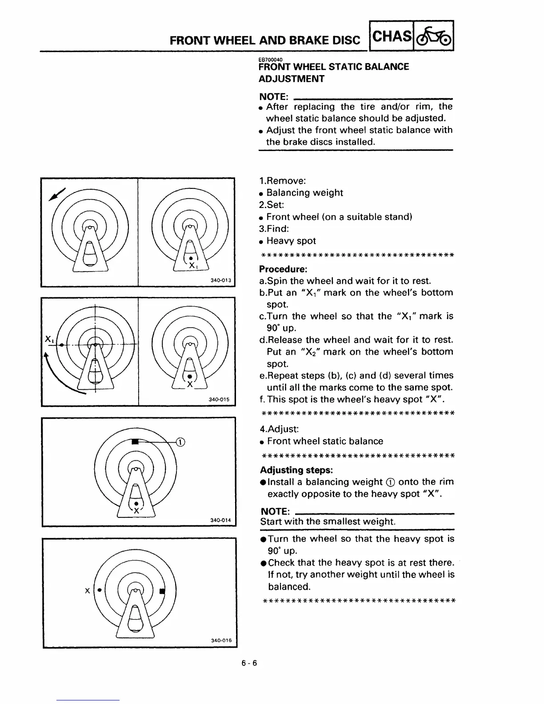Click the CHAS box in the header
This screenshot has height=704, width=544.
pos(391,36)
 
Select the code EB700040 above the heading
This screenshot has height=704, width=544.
pos(271,60)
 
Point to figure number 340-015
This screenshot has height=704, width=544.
pos(219,400)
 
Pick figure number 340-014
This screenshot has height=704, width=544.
pos(220,520)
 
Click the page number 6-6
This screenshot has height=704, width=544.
pos(249,664)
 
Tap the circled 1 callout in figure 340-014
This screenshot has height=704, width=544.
pos(180,442)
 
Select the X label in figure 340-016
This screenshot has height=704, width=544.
pos(87,591)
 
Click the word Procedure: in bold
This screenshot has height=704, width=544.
pos(283,269)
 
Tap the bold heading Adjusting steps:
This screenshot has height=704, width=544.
pos(296,470)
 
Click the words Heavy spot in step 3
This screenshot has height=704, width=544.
pos(291,241)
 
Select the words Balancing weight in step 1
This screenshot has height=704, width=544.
pos(304,193)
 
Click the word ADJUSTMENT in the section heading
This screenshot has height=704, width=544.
pos(292,79)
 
